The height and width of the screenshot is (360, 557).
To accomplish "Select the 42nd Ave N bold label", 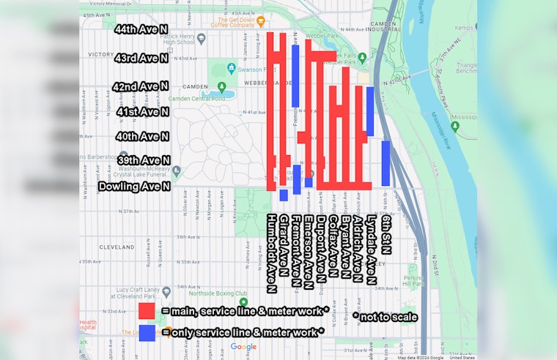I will coord(141,86).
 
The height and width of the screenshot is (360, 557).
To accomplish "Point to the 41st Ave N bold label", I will coord(142,112).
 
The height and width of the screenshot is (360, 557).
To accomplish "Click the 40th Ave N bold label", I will coord(142,137).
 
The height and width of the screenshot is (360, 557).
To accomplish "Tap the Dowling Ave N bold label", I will coord(135,187).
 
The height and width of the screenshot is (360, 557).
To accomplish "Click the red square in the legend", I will coord(147,310).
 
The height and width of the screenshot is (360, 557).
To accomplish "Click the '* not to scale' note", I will coord(385,317).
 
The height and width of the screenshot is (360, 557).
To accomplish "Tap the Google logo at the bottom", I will coord(243,347).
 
